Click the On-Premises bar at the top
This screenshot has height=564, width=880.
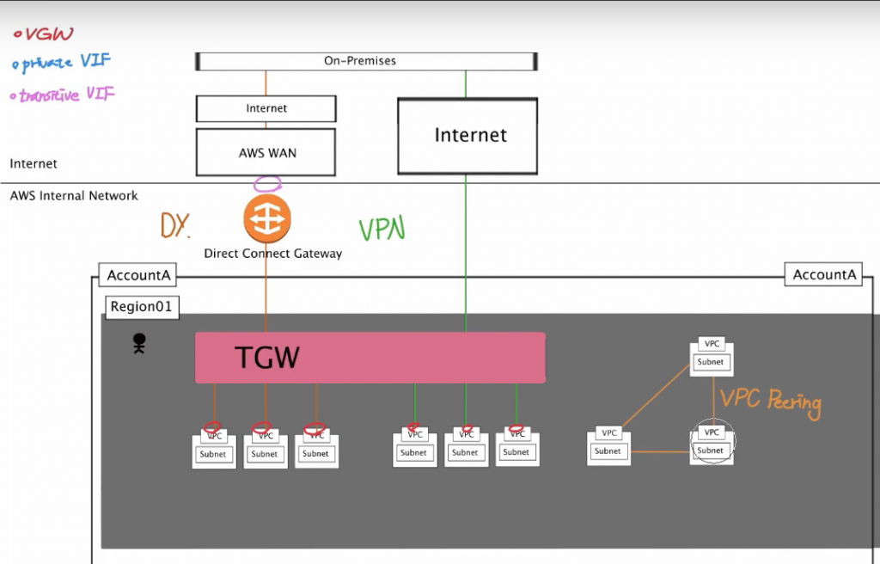(x=367, y=61)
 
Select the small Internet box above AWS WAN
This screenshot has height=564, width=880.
(x=266, y=108)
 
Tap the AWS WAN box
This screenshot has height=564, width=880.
(x=266, y=152)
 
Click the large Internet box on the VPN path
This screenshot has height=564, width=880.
(x=467, y=136)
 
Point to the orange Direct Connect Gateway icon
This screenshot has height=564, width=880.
(x=267, y=219)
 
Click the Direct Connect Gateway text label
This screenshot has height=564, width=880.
(x=272, y=254)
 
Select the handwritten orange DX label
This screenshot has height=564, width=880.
(x=175, y=225)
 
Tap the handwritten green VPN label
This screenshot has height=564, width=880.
(x=382, y=229)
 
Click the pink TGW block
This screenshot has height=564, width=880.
(x=370, y=357)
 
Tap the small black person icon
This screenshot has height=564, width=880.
(x=138, y=345)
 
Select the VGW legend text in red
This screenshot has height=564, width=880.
(x=45, y=34)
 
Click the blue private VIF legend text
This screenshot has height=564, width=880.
(x=62, y=63)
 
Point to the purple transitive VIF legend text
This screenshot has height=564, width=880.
(x=62, y=95)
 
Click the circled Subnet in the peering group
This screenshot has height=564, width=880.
(x=711, y=450)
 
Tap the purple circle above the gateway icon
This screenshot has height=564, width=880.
(x=268, y=183)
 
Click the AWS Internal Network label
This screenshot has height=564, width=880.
(x=74, y=196)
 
